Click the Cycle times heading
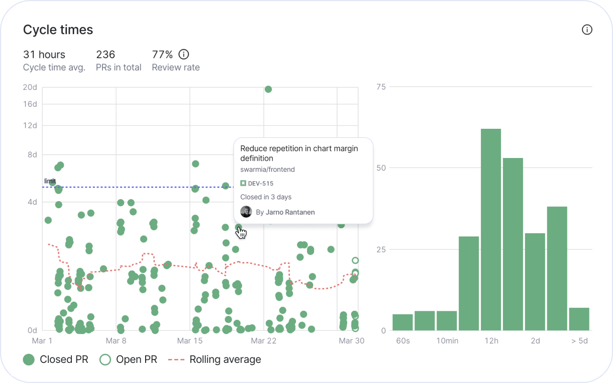(58, 30)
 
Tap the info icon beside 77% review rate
(183, 54)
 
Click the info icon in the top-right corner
(587, 30)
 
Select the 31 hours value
(44, 55)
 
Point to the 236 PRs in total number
(105, 55)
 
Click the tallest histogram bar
(491, 230)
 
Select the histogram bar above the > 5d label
(579, 319)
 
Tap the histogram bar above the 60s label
(402, 322)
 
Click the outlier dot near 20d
(268, 89)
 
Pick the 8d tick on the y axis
(32, 155)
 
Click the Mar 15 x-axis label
(190, 341)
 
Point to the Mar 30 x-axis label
(352, 341)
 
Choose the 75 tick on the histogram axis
(381, 87)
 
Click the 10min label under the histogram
(446, 341)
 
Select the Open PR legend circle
(105, 360)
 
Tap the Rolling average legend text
(225, 360)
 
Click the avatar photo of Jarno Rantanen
(246, 212)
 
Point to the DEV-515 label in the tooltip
(261, 183)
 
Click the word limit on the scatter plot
(50, 181)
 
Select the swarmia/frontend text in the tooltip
(267, 169)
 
